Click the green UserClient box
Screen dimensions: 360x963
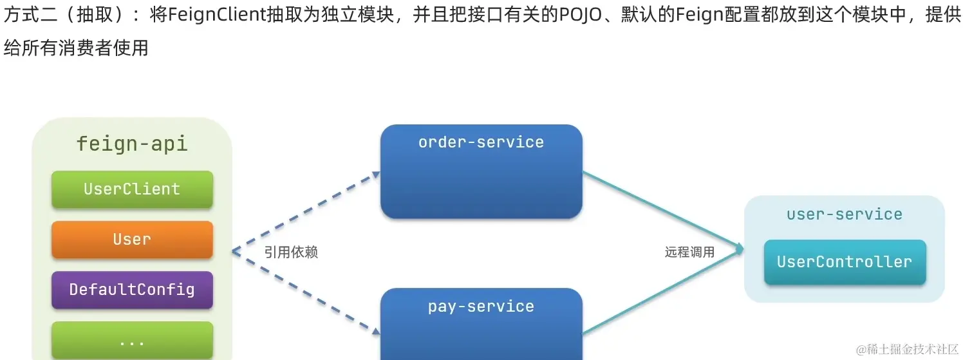point(132,189)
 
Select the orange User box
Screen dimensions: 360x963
point(132,240)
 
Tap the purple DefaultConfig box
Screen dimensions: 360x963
point(132,290)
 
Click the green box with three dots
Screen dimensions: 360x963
point(132,340)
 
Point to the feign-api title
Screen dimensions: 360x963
point(132,143)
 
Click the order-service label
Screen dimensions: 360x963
point(481,142)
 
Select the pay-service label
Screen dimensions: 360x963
point(481,307)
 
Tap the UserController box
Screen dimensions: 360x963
point(845,262)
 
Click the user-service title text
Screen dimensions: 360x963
point(845,214)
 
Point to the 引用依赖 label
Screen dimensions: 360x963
point(291,252)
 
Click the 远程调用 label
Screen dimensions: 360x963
point(689,252)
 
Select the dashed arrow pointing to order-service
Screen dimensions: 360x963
point(306,212)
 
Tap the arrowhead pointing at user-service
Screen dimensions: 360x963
point(740,249)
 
